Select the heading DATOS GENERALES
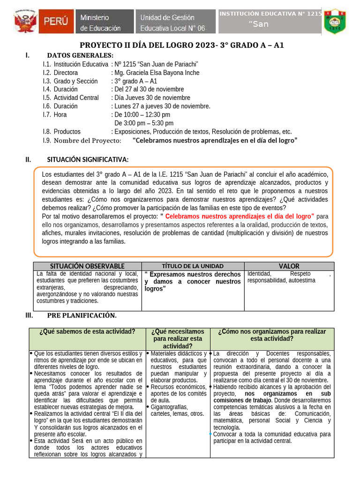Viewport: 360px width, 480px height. (80, 56)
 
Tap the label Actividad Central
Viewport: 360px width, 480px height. (76, 98)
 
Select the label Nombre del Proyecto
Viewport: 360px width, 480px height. (87, 141)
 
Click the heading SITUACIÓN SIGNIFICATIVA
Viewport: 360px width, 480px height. (88, 160)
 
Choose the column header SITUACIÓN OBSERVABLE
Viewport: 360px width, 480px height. (88, 266)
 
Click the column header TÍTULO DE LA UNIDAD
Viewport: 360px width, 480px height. (193, 266)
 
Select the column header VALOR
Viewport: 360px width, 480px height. (289, 266)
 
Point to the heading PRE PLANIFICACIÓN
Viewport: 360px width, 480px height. (82, 315)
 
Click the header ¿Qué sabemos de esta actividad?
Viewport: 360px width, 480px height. (88, 331)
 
